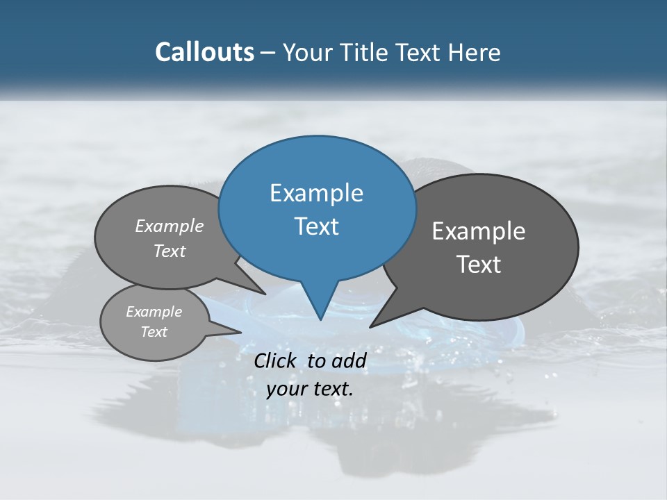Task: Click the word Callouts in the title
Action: point(204,52)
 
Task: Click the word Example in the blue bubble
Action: point(316,193)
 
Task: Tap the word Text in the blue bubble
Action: point(316,226)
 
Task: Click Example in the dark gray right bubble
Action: point(479,231)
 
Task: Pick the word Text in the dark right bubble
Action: point(479,265)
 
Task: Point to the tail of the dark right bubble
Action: point(375,323)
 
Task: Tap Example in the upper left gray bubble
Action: point(170,226)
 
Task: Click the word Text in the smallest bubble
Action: point(154,332)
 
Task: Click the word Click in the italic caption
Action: point(278,360)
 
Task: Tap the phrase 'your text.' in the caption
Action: point(310,389)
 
